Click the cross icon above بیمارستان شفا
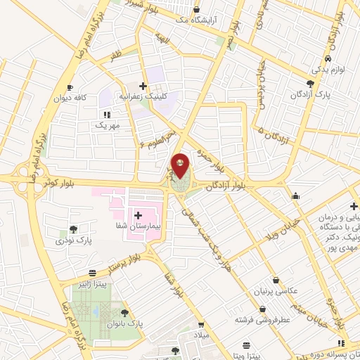pos(137,214)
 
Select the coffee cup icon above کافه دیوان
pos(70,87)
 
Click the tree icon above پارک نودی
pos(73,229)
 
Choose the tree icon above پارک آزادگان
pos(310,83)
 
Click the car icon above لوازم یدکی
pos(328,60)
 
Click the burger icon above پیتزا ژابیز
pos(92,272)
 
